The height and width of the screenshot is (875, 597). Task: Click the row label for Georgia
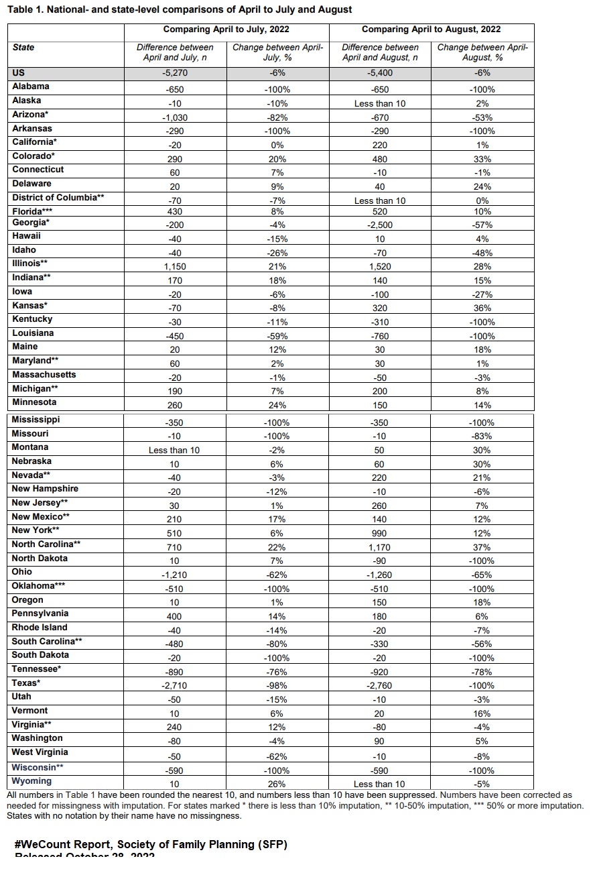(31, 222)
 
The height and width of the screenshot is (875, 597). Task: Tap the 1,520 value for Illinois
(380, 266)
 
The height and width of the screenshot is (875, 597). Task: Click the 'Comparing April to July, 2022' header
(226, 30)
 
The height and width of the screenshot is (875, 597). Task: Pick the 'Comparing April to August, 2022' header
(431, 30)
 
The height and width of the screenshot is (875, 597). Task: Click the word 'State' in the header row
(23, 48)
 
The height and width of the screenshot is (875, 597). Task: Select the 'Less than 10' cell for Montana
(174, 451)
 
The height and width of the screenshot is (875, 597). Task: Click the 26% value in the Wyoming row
(276, 784)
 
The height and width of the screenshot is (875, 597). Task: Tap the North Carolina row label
(46, 544)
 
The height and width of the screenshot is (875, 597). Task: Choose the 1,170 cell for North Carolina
(380, 547)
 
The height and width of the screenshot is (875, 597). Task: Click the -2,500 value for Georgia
(380, 225)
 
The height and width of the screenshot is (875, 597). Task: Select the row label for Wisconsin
(38, 767)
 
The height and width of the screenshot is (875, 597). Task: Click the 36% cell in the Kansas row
(482, 308)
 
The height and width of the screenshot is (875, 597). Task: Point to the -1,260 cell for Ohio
(380, 575)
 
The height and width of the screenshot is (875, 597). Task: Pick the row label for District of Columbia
(58, 198)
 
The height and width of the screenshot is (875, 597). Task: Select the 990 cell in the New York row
(380, 533)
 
